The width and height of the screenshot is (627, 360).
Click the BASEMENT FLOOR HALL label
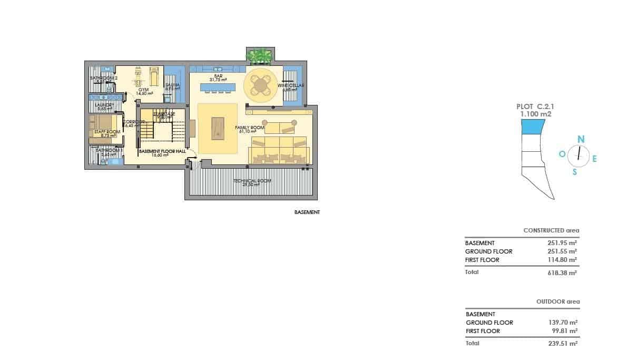162,152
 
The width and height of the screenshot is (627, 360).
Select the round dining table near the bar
260,84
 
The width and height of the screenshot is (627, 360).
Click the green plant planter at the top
260,54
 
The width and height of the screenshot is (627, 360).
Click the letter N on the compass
581,139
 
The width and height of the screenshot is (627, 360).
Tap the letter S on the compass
575,171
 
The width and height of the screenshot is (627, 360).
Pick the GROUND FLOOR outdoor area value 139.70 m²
563,323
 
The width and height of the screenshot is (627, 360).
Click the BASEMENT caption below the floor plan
307,213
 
